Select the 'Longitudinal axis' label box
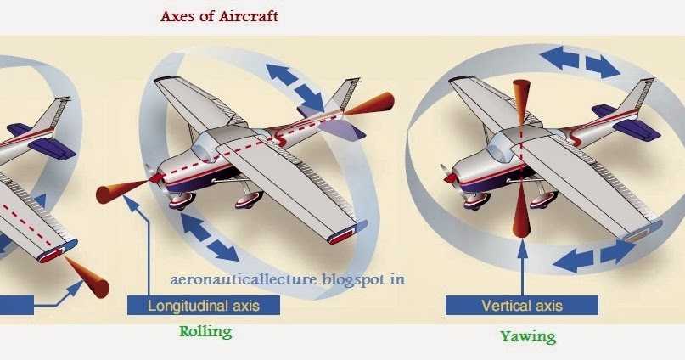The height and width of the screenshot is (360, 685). point(204,304)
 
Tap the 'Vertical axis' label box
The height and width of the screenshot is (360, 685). point(521,304)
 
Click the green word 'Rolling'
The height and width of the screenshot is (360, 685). point(206,331)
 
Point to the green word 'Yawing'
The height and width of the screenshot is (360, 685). point(527,336)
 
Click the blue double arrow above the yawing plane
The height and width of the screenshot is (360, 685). point(580,60)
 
